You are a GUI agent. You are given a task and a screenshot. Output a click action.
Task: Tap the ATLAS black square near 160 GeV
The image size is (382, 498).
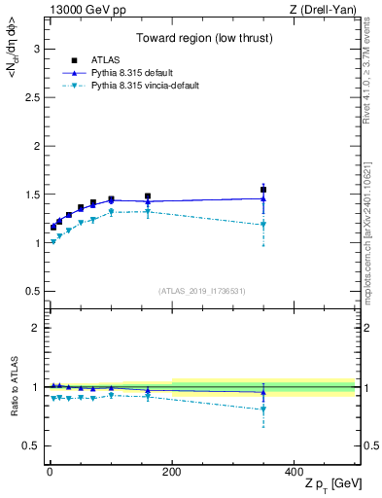pyautogui.click(x=148, y=196)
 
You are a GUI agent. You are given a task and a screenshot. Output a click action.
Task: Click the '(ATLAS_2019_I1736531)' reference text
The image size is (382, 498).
pyautogui.click(x=202, y=291)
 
